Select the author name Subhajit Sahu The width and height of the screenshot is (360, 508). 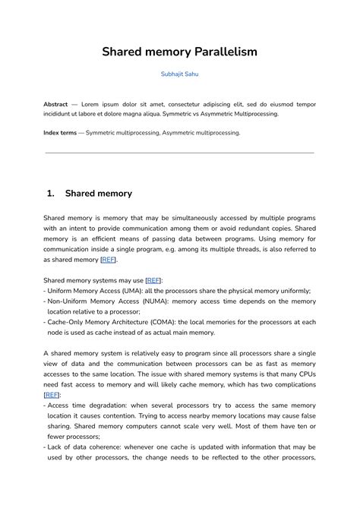[180, 74]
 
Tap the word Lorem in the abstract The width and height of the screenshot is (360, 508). [98, 103]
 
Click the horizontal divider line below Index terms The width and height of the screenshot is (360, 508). [180, 153]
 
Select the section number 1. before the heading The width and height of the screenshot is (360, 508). [51, 193]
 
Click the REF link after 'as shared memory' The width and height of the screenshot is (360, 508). [109, 260]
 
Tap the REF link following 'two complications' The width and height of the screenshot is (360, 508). [51, 395]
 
